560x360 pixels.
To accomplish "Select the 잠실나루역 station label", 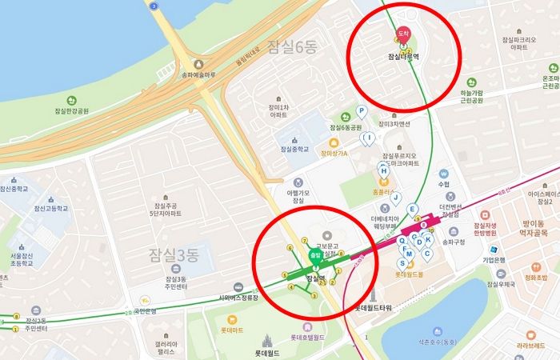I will coord(403,58).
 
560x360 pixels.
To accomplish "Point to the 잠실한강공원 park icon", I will coord(71,101).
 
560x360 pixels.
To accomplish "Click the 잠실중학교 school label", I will coord(294,149).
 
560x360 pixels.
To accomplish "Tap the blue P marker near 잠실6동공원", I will coord(361,111).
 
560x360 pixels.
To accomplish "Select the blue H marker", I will coord(383,171).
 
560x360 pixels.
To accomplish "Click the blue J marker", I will coord(394,197).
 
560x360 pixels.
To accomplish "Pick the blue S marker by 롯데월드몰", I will coord(402,262).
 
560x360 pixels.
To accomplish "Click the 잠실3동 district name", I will coord(173,254).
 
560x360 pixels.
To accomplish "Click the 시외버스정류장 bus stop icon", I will coord(238,287).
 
